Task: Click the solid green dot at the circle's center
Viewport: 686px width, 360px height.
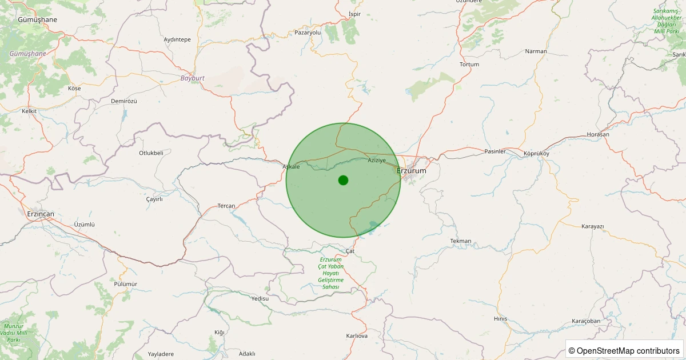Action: point(343,180)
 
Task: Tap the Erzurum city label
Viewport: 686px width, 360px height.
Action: point(412,170)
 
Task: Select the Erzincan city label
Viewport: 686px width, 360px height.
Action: point(40,214)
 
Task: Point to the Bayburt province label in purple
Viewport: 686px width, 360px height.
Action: point(192,78)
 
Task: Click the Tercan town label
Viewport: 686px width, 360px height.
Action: point(226,206)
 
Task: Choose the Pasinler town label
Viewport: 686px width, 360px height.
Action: point(495,151)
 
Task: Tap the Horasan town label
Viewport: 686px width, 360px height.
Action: point(598,134)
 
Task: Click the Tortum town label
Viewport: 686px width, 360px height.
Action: point(469,64)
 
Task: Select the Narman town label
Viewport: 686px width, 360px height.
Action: point(536,51)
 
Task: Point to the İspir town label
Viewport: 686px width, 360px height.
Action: point(355,14)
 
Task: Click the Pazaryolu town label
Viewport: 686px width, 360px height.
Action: point(308,33)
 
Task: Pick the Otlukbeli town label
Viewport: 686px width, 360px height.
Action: point(151,153)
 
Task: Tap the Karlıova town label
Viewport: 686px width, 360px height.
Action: point(357,335)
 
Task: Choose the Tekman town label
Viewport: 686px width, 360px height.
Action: point(461,241)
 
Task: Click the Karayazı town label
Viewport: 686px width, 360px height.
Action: point(592,226)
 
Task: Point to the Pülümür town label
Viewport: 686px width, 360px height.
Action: point(125,284)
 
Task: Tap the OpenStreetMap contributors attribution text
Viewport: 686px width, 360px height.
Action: point(624,350)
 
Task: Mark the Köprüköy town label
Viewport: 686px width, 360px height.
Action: point(536,154)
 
